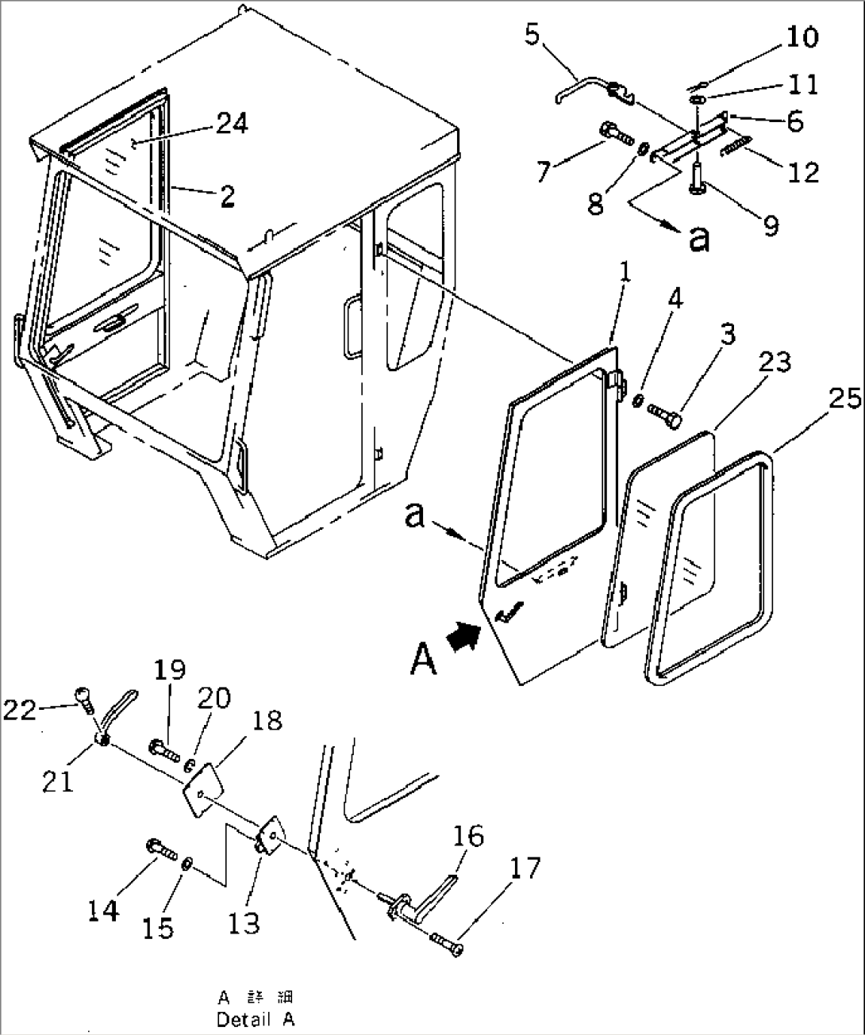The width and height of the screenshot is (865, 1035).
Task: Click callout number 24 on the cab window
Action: [230, 124]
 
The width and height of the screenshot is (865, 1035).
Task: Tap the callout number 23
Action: [774, 362]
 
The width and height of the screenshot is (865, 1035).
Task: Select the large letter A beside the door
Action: [424, 658]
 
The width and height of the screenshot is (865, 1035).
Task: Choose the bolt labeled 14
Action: [162, 849]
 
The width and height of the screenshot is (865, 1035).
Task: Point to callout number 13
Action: [244, 922]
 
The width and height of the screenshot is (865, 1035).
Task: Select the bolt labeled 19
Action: [163, 747]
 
